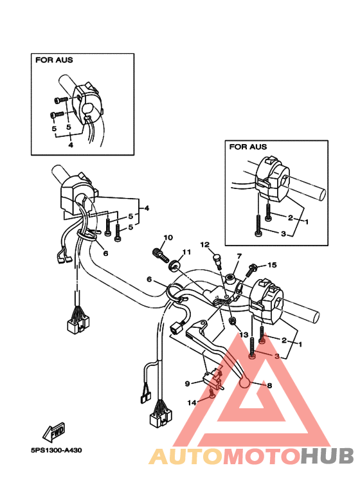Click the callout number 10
point(168,237)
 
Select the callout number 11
point(186,252)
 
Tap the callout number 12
point(205,244)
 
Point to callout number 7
point(239,256)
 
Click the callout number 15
point(272,265)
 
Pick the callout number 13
point(244,335)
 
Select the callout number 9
point(187,384)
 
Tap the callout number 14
point(192,403)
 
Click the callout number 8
point(270,386)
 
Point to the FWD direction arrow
point(54,433)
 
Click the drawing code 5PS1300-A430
point(56,450)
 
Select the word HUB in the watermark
point(327,456)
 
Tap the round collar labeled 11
point(174,265)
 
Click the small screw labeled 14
point(212,393)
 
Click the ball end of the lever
point(245,383)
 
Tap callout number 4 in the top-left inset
point(71,145)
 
